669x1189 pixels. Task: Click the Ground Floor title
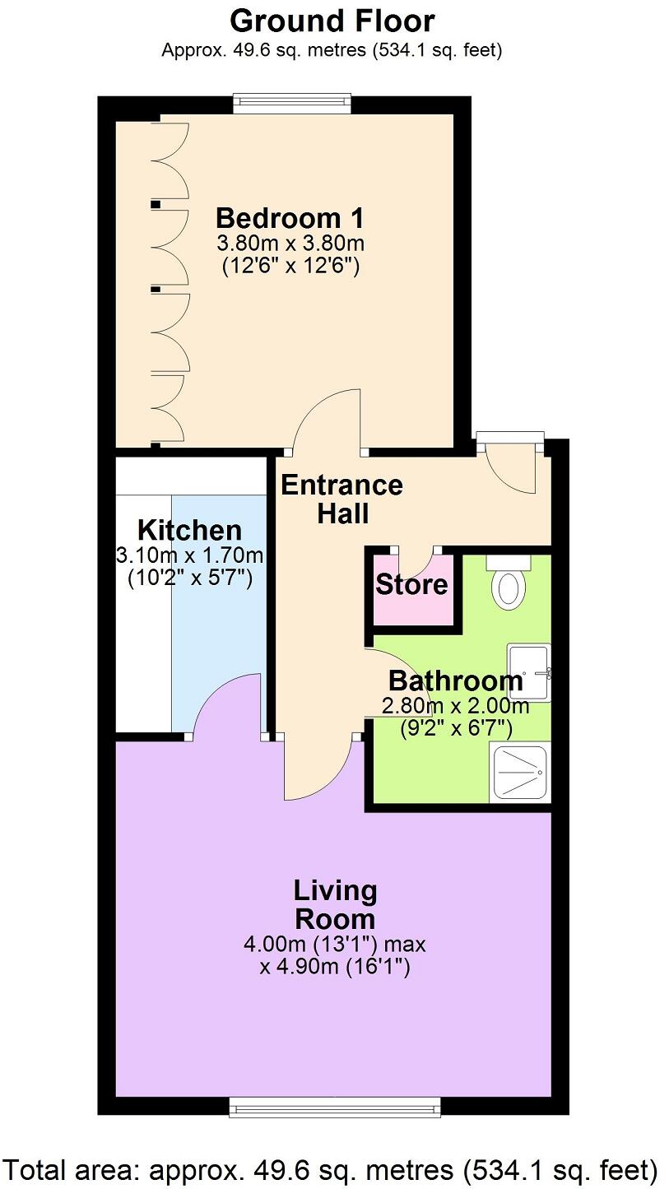332,20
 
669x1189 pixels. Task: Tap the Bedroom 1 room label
290,219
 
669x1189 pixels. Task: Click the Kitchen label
189,530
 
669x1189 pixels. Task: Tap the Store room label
411,585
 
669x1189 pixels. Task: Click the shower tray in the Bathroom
519,773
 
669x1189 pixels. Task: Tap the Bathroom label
455,681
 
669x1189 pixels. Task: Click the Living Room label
335,904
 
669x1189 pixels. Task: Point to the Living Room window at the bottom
335,1107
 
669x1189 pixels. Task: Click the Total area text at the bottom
332,1168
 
